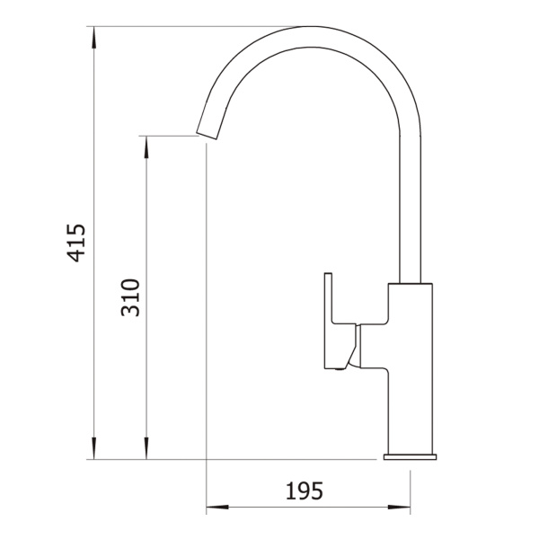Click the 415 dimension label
pyautogui.click(x=75, y=243)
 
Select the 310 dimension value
pyautogui.click(x=130, y=297)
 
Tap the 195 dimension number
pyautogui.click(x=305, y=490)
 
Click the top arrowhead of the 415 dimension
pyautogui.click(x=93, y=37)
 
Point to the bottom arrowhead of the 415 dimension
pyautogui.click(x=93, y=448)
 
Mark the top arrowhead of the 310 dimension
pyautogui.click(x=146, y=147)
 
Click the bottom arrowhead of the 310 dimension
pyautogui.click(x=146, y=448)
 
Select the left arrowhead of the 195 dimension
pyautogui.click(x=217, y=507)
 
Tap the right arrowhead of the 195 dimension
pyautogui.click(x=399, y=507)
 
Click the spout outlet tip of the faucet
pyautogui.click(x=207, y=136)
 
